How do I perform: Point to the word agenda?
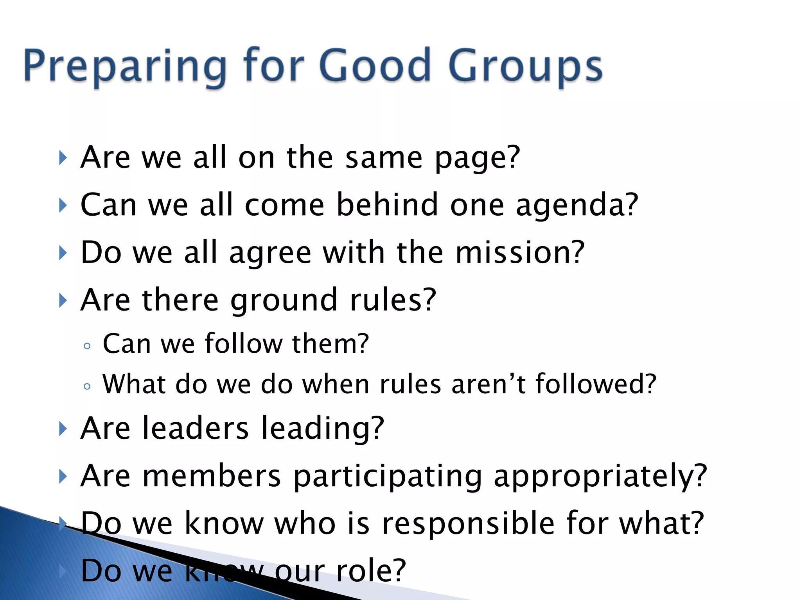click(577, 205)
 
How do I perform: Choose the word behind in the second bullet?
click(387, 205)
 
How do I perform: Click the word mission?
click(520, 253)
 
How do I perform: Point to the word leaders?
click(196, 428)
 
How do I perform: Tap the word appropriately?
click(600, 477)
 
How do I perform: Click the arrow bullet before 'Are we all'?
click(63, 158)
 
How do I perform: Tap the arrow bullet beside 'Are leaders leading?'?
click(63, 429)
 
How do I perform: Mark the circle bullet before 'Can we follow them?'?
click(87, 346)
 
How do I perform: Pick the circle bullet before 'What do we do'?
click(87, 386)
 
